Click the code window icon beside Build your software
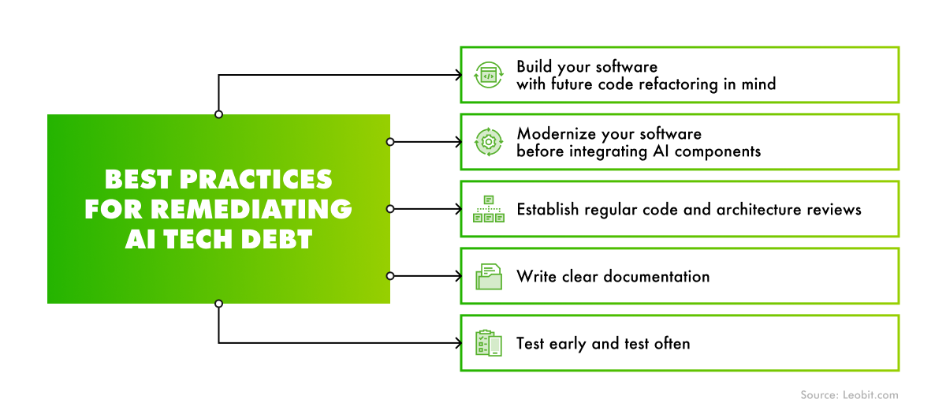(x=488, y=75)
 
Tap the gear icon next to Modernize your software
(x=488, y=142)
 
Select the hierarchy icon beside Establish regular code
(x=488, y=209)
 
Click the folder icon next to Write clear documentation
(x=488, y=276)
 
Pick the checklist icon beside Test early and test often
(x=488, y=343)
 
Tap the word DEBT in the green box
(x=272, y=239)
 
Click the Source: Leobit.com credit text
(x=849, y=395)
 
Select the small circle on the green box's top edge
(x=218, y=114)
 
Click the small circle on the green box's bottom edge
(x=218, y=304)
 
